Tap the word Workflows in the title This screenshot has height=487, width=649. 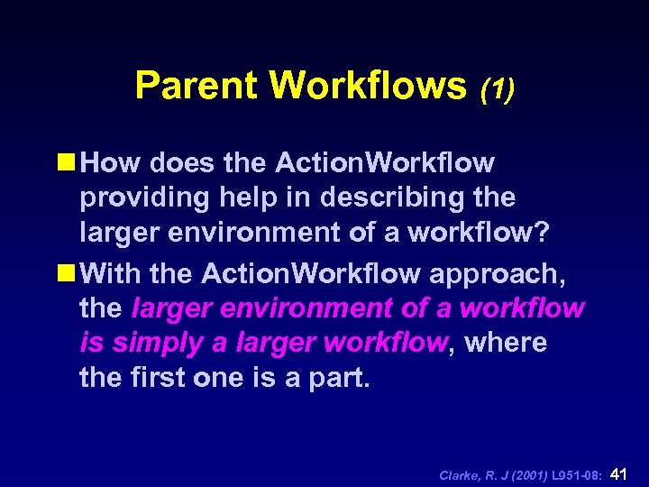click(x=367, y=86)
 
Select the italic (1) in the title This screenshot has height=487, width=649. click(x=497, y=88)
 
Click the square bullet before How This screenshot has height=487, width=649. click(x=69, y=163)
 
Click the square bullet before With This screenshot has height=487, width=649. click(x=69, y=271)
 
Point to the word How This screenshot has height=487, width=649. click(x=111, y=163)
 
